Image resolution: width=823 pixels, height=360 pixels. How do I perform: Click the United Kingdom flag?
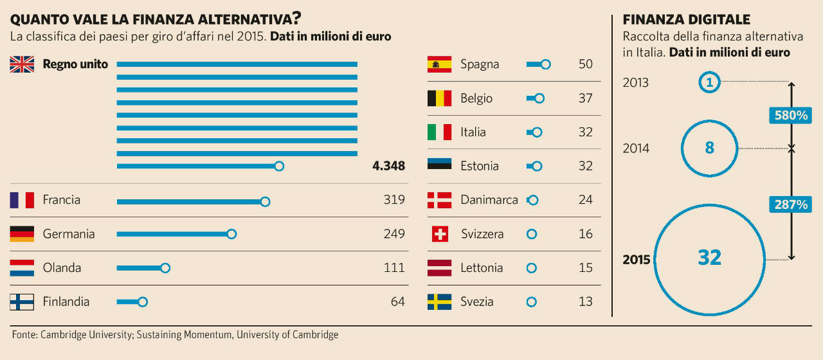22,64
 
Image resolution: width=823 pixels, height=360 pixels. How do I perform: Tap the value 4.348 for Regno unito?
388,166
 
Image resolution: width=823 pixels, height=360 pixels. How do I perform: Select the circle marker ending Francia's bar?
265,201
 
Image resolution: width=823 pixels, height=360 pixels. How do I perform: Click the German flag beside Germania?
22,234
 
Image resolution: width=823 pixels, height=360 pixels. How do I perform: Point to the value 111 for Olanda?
393,267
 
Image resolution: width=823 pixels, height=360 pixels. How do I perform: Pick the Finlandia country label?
66,301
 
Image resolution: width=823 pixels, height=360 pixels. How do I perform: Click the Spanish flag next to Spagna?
439,64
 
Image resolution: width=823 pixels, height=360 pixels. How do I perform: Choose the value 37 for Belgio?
585,98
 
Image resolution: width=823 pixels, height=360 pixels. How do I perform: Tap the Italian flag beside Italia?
439,132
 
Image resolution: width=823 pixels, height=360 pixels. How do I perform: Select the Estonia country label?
480,166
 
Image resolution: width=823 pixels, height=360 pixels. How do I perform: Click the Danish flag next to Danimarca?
439,200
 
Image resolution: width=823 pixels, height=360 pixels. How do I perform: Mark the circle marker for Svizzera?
531,234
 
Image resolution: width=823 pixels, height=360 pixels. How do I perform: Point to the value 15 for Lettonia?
585,267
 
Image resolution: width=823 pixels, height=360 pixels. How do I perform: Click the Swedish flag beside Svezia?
439,301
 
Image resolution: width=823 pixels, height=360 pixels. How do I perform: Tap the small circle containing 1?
709,82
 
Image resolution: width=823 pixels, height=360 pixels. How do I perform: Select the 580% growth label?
790,116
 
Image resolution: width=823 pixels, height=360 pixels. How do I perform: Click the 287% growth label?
790,204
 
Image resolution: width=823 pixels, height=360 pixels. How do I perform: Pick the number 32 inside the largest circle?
709,258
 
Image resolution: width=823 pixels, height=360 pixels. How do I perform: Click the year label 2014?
636,148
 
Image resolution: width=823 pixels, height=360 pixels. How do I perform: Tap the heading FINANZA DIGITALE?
687,20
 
